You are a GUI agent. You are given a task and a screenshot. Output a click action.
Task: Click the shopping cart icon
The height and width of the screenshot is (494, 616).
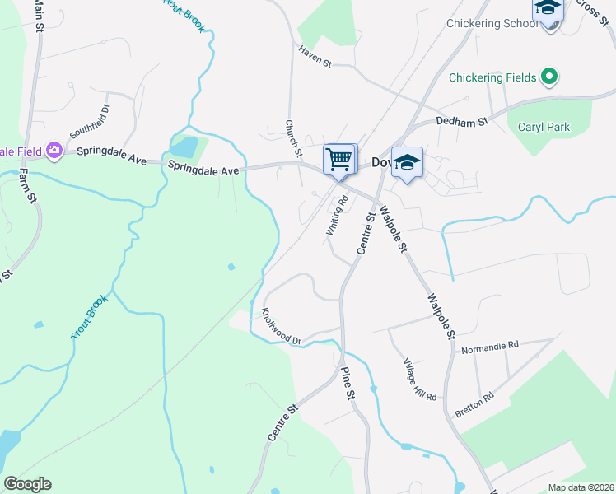click(x=339, y=160)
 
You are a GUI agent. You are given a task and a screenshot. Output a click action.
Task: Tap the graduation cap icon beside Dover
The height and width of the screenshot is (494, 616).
click(x=407, y=161)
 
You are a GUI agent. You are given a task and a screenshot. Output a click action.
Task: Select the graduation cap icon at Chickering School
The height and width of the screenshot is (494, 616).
click(x=548, y=11)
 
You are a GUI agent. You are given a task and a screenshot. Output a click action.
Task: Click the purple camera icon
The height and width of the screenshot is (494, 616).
click(x=55, y=150)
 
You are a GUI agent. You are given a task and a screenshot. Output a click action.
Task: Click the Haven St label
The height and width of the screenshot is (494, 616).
click(x=315, y=57)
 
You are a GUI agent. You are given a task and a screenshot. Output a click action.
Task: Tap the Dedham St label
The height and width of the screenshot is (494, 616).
click(x=462, y=120)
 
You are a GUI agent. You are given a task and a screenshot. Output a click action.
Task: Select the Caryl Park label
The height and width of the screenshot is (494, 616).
click(x=544, y=127)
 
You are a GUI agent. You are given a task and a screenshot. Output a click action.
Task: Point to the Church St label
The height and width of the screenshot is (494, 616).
click(x=292, y=137)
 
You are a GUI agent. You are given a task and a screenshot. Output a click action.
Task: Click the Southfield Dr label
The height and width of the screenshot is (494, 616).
click(x=89, y=121)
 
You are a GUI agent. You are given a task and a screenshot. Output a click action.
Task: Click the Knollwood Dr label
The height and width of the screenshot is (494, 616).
click(x=282, y=327)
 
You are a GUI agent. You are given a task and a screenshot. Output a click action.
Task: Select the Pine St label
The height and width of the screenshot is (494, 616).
click(x=348, y=384)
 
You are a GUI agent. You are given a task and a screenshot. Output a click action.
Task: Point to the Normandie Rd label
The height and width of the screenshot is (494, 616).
click(x=490, y=345)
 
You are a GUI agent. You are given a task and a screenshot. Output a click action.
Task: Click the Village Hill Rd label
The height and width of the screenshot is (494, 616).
click(x=420, y=380)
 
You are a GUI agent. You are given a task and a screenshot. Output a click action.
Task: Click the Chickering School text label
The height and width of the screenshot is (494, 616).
click(x=492, y=24)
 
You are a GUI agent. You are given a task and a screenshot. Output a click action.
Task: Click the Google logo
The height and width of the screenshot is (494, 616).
click(x=27, y=484)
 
